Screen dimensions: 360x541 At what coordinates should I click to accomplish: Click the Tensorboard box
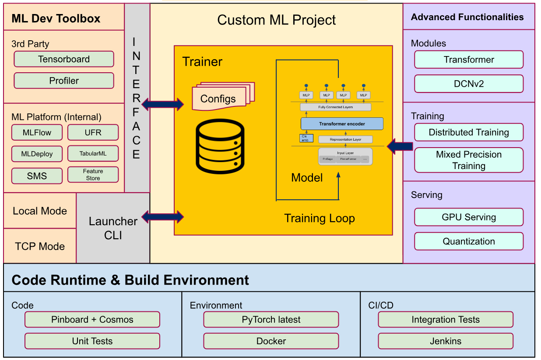pyautogui.click(x=64, y=59)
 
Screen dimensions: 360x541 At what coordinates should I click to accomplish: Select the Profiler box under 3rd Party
pyautogui.click(x=64, y=81)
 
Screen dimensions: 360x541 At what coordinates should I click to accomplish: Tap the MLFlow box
pyautogui.click(x=37, y=132)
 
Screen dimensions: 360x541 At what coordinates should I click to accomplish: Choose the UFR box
pyautogui.click(x=93, y=132)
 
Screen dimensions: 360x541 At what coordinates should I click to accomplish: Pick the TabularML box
pyautogui.click(x=93, y=154)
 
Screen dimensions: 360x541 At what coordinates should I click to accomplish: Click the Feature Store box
pyautogui.click(x=93, y=175)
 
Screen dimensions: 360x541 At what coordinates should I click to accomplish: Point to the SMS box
pyautogui.click(x=37, y=176)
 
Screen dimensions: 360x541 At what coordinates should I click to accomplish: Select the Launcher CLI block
pyautogui.click(x=113, y=228)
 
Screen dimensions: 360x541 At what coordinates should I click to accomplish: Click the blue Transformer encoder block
pyautogui.click(x=342, y=124)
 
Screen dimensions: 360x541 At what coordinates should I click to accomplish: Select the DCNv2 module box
pyautogui.click(x=469, y=84)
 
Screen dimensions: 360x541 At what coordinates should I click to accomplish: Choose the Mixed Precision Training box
pyautogui.click(x=469, y=160)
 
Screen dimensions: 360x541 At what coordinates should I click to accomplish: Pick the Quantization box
pyautogui.click(x=469, y=241)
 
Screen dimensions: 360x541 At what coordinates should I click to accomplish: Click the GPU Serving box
pyautogui.click(x=469, y=217)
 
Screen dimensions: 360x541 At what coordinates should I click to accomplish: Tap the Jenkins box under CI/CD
pyautogui.click(x=446, y=341)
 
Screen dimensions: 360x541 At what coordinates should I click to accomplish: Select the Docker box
pyautogui.click(x=271, y=341)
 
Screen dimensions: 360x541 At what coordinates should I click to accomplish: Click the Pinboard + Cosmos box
pyautogui.click(x=92, y=320)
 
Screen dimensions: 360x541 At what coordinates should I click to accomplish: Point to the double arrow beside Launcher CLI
pyautogui.click(x=162, y=216)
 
